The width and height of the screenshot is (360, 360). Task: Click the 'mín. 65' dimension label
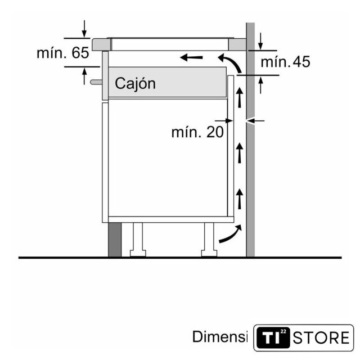tap(62, 53)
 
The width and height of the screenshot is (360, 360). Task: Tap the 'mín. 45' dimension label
tap(285, 61)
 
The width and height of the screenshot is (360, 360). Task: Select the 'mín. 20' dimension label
tap(197, 132)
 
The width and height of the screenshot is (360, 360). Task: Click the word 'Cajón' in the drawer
tap(135, 83)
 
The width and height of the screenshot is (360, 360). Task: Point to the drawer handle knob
tap(96, 82)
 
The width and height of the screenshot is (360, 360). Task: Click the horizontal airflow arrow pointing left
tap(191, 57)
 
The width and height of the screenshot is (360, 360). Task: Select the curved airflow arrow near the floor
tap(231, 234)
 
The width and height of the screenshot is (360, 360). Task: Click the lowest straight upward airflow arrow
tap(240, 199)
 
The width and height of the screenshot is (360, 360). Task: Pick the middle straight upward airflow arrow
tap(240, 153)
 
